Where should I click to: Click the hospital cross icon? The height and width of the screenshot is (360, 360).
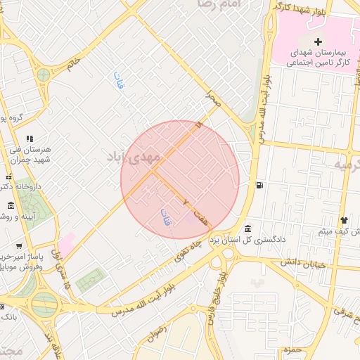pos(318,42)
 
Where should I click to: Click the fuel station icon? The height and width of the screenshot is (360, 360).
pos(261,186)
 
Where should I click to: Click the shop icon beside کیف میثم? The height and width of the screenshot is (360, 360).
pos(344,220)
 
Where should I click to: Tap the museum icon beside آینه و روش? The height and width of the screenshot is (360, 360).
pos(10,205)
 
